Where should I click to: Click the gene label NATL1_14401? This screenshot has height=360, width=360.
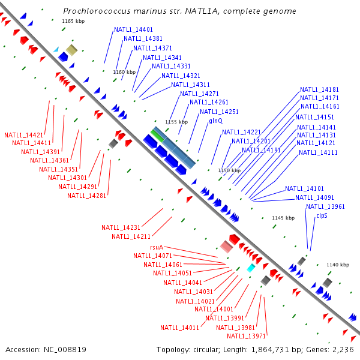coord(133,29)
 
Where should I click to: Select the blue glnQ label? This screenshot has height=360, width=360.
coord(216,121)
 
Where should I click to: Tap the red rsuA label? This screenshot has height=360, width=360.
coord(157,247)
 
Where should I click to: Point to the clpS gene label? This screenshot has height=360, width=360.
coord(322,215)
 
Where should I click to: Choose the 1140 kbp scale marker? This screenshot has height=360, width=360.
coord(337,264)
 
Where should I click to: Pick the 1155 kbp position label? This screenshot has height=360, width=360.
coord(176,122)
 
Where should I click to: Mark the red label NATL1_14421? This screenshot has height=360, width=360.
coord(23,135)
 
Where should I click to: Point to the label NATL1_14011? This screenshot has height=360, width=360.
coord(179,328)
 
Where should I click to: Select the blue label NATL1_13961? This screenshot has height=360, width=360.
coord(325,206)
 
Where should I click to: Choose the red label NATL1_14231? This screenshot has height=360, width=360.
coord(121,227)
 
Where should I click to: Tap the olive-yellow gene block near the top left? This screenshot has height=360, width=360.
coord(71,50)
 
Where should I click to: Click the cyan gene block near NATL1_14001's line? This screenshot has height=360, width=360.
coord(251,268)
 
